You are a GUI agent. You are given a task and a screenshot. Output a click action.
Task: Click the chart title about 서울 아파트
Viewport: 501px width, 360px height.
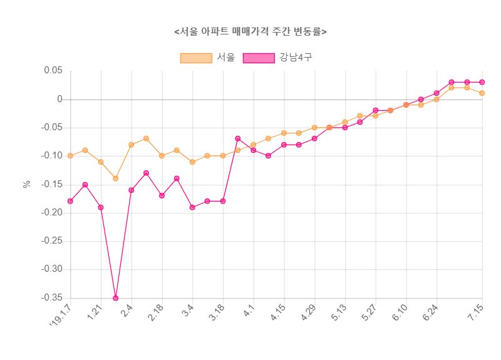click(x=250, y=31)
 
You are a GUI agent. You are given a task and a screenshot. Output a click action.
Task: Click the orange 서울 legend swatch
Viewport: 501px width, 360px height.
click(x=196, y=58)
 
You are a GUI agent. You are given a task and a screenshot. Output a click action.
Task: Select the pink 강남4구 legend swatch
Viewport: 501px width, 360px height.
click(x=259, y=58)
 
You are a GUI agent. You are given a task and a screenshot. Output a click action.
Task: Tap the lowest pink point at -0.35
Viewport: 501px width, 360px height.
click(x=116, y=298)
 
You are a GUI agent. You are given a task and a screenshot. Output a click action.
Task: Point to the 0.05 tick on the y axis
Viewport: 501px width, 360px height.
click(x=53, y=71)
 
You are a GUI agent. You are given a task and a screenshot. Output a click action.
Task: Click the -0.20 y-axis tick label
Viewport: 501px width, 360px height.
click(x=51, y=213)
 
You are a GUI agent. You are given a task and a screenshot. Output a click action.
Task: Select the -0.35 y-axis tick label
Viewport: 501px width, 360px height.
click(x=51, y=298)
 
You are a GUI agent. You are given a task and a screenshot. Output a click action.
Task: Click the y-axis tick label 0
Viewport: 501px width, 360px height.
click(x=60, y=100)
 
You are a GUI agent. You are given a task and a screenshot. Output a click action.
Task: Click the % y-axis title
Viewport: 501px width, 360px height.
click(x=27, y=184)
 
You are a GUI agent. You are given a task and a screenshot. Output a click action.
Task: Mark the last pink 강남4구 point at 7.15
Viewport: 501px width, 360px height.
click(x=482, y=82)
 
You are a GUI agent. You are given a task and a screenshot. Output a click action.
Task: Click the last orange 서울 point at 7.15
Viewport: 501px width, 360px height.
click(x=482, y=93)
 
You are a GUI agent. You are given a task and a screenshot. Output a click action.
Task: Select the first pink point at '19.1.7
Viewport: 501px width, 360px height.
click(x=70, y=201)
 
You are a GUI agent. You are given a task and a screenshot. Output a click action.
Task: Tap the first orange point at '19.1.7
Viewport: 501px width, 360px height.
click(x=70, y=156)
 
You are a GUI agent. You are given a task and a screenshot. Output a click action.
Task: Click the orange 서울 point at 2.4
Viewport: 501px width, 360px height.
click(x=131, y=145)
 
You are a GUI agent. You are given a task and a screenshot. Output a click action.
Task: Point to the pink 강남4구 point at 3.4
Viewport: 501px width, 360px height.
click(x=192, y=207)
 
